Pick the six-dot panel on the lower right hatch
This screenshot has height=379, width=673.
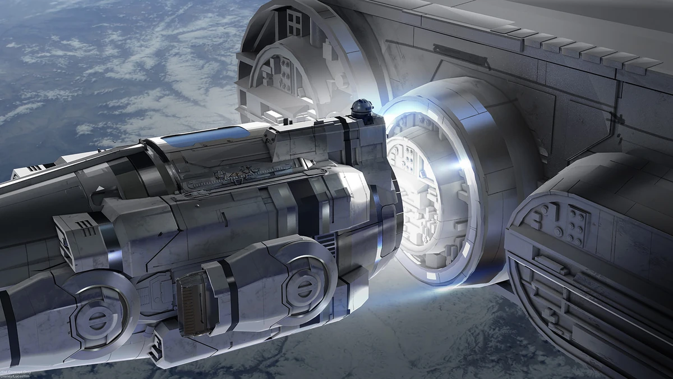point(574,220)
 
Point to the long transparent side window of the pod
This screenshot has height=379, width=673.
point(252,173)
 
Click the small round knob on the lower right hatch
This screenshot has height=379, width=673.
point(559,231)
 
